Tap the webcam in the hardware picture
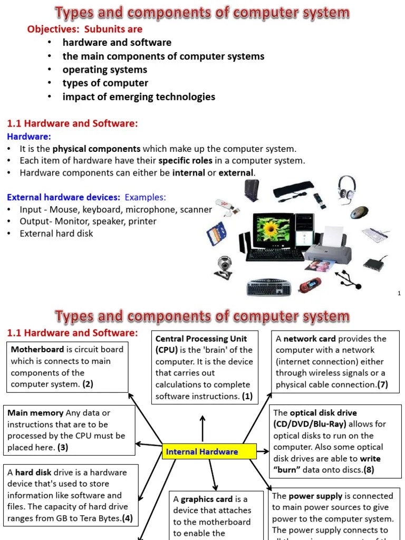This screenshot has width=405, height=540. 224,267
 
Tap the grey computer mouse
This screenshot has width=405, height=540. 360,212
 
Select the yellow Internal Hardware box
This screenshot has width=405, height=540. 209,451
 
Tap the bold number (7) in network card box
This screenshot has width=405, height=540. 382,384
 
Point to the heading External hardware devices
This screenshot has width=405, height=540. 63,197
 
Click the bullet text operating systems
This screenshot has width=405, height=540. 105,70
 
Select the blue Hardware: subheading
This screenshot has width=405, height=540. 28,137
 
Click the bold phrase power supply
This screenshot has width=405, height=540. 315,496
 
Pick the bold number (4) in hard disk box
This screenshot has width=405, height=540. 127,518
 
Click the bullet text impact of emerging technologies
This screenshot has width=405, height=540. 139,97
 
